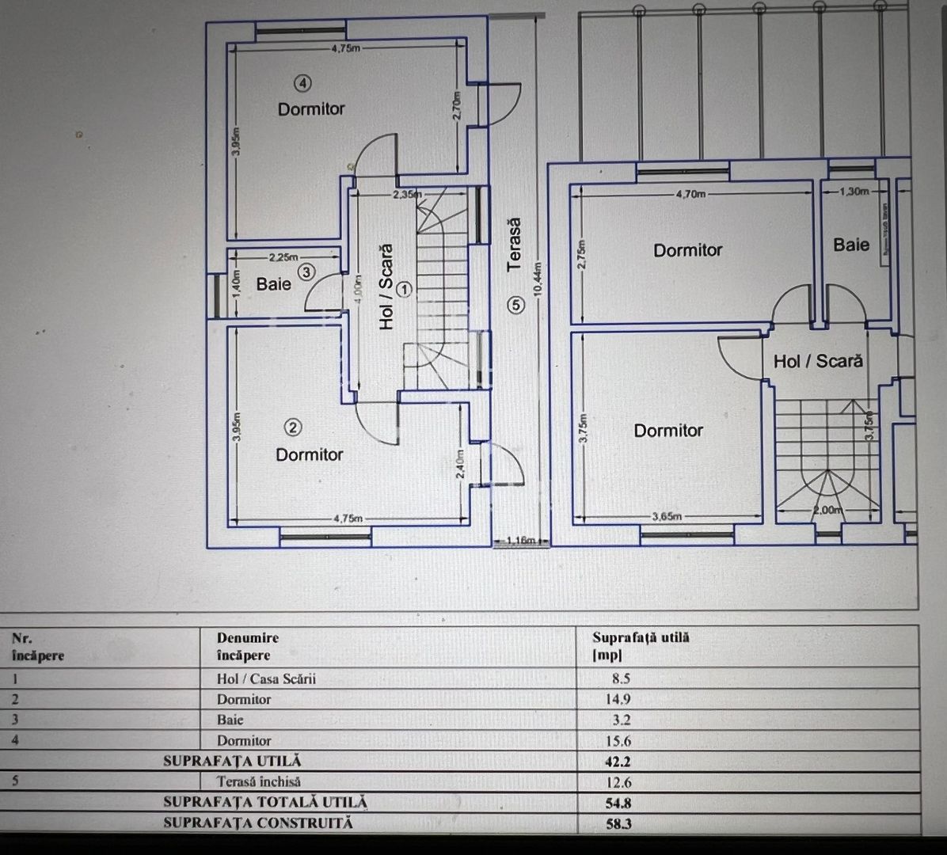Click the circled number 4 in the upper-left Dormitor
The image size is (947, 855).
303,82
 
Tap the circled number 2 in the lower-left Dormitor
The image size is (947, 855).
293,427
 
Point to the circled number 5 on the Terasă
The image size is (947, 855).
516,304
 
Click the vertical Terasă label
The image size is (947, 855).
515,245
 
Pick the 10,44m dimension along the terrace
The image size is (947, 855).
538,279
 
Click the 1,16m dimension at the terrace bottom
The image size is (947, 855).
520,541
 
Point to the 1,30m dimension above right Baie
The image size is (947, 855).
854,191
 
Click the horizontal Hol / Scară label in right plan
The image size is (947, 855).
818,361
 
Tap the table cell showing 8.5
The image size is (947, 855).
621,678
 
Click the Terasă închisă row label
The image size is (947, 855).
258,781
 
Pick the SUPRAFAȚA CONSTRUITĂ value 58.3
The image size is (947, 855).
618,823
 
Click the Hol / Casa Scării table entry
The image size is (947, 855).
266,678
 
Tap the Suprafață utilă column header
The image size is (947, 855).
641,645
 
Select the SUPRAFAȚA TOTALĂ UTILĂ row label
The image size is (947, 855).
265,802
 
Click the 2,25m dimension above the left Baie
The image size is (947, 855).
283,257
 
